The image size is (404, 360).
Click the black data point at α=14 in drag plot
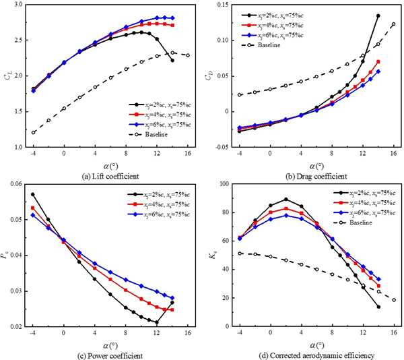[378, 16]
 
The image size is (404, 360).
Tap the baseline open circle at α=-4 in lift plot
[33, 132]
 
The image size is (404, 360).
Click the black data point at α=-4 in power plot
[33, 194]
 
